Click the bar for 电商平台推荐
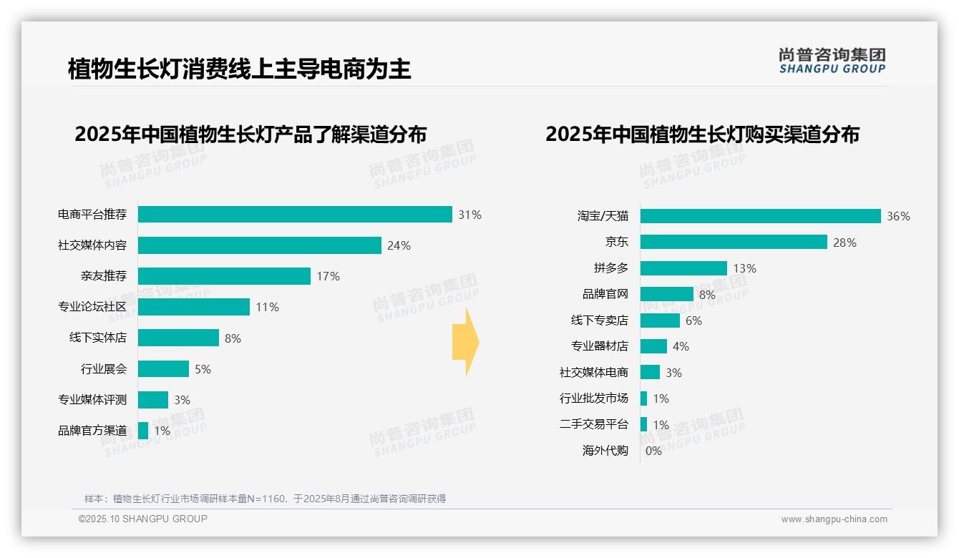point(295,215)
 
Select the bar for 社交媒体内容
point(259,245)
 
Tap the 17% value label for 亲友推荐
point(328,276)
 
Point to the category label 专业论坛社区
point(92,307)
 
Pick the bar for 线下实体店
point(178,338)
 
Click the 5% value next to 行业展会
point(203,369)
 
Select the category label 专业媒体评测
point(92,400)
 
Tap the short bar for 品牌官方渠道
point(143,431)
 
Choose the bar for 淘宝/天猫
point(760,216)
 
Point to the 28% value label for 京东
point(844,243)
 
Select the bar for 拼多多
point(683,268)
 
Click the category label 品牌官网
point(605,294)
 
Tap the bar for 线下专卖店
point(660,320)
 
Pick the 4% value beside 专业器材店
point(681,346)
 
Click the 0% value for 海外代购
point(653,451)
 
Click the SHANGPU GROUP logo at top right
point(832,61)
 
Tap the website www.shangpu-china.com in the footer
point(834,519)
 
